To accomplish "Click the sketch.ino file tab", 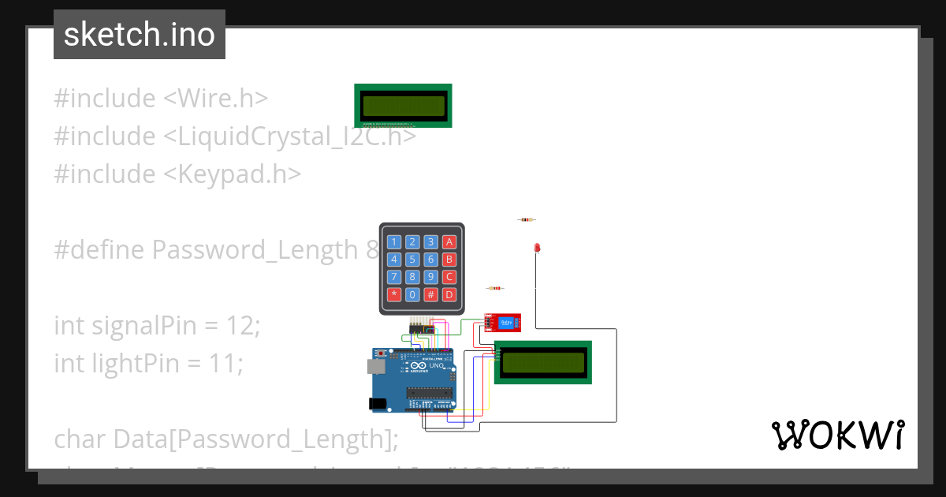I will (140, 35).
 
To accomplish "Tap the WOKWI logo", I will (837, 435).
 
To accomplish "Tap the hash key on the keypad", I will (430, 295).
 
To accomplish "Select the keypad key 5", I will (412, 260).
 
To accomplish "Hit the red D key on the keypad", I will (449, 295).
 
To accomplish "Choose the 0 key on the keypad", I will (412, 295).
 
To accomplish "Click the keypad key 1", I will (393, 242).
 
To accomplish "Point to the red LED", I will (537, 248).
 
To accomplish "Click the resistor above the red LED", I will (527, 220).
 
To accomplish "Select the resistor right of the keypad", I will (494, 289).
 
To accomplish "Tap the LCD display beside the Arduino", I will (542, 363).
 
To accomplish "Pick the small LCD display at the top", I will (403, 105).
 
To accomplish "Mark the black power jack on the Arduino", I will (378, 403).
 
